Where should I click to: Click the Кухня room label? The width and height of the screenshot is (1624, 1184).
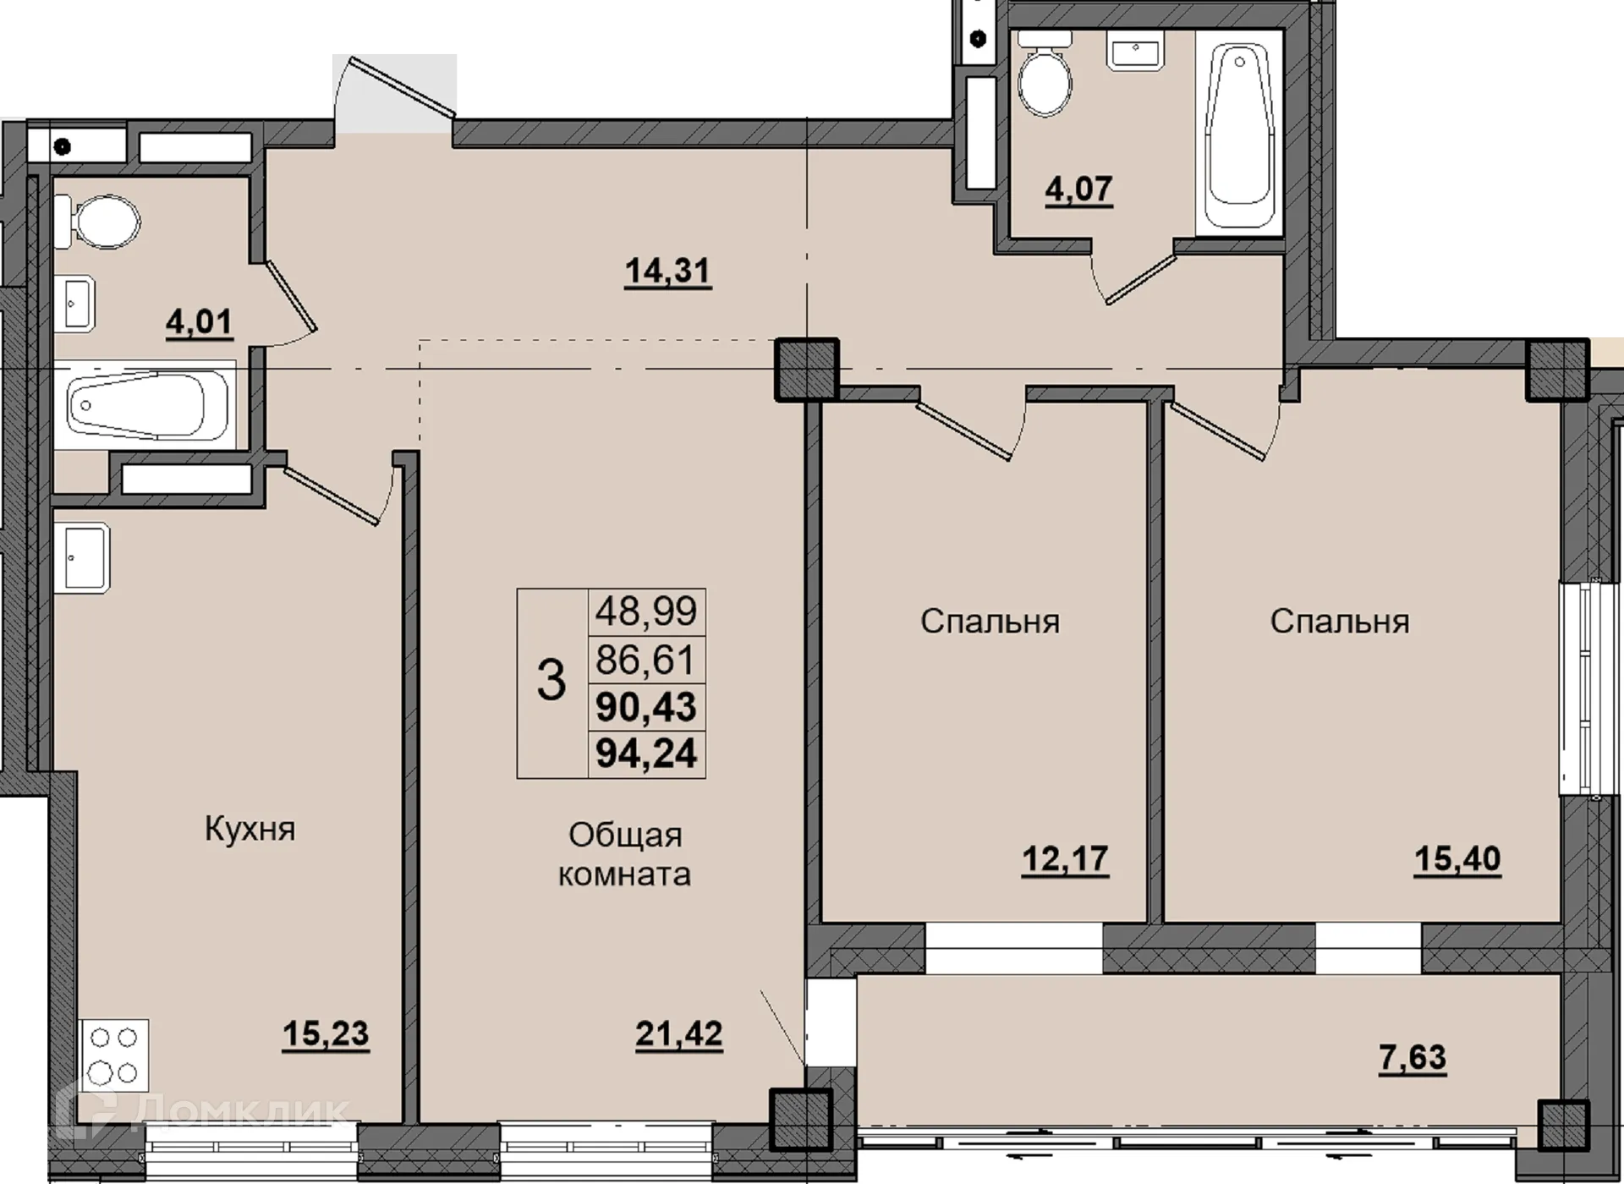pos(250,830)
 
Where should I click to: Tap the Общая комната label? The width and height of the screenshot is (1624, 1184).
pos(625,854)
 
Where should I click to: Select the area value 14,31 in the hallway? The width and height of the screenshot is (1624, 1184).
pos(667,271)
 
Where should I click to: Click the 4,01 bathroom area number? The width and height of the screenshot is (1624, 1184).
pos(199,323)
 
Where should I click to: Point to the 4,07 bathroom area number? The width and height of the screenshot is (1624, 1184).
pos(1078,189)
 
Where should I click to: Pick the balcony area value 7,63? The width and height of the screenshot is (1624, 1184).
pos(1413,1057)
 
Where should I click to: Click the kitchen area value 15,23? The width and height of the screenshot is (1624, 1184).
pos(326,1033)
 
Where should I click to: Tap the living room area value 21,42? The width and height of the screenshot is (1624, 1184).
pos(679,1033)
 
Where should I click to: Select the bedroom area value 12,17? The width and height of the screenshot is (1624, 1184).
pos(1065,859)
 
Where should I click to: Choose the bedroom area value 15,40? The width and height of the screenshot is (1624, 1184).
pos(1457,859)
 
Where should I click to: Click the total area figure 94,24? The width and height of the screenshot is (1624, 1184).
pos(646,753)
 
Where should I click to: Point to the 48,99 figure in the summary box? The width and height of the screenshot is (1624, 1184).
pos(646,610)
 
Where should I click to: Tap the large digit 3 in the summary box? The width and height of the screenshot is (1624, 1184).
pos(551,681)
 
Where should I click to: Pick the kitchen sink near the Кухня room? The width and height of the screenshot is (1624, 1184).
pos(81,556)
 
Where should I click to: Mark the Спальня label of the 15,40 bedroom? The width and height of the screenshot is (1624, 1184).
pos(1340,622)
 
